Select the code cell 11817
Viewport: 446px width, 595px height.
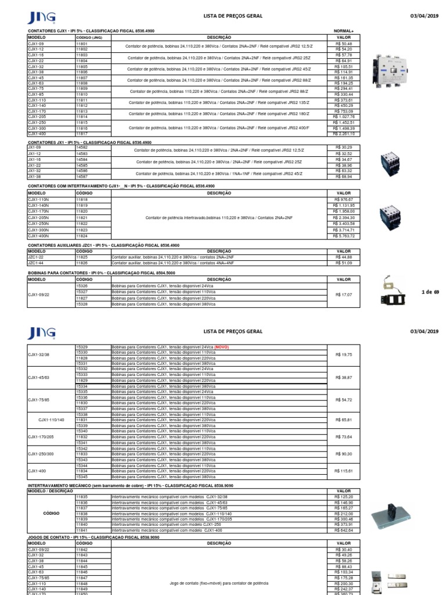tap(82, 134)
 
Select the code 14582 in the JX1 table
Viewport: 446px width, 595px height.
tap(82, 148)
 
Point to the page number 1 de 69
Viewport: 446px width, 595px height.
tap(430, 292)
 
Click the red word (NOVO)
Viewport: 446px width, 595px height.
tap(222, 347)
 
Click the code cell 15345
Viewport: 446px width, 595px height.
tap(82, 477)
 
